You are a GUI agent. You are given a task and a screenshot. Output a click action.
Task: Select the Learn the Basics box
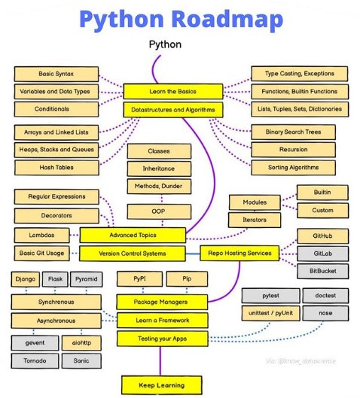(x=173, y=92)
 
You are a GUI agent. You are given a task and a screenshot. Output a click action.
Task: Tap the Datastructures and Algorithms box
(x=173, y=110)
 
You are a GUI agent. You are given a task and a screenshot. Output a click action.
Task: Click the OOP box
(x=159, y=211)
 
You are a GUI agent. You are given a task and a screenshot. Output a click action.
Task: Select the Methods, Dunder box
(x=159, y=186)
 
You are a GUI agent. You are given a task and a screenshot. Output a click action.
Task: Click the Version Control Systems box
(x=132, y=253)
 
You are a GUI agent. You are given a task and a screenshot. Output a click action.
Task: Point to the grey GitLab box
(x=322, y=253)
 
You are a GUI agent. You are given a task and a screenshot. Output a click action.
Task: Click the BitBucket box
(x=322, y=271)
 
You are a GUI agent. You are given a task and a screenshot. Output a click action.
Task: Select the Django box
(x=26, y=280)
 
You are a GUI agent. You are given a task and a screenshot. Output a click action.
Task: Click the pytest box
(x=270, y=296)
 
